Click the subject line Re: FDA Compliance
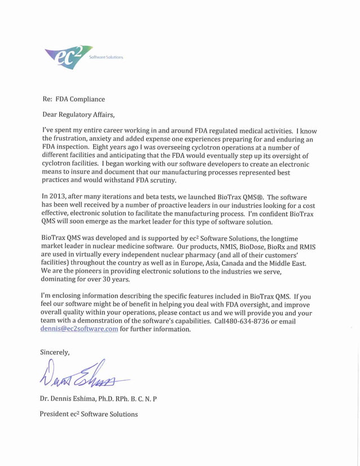73,99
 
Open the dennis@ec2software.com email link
79,329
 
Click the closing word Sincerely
55,352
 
